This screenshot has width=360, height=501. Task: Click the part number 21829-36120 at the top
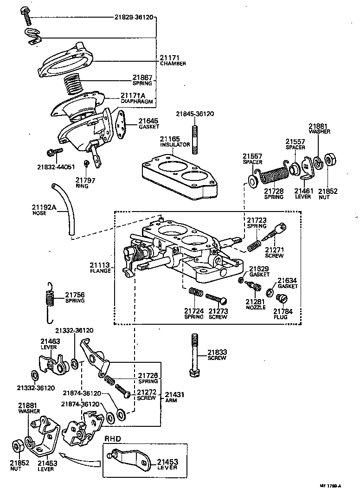coord(134,17)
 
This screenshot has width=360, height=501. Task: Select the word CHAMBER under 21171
coord(173,64)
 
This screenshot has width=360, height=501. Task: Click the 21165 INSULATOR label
coord(175,141)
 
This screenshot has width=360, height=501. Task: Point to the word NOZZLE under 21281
coord(256,307)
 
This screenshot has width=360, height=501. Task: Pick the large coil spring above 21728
coord(273,177)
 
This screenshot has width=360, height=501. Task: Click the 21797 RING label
coord(85,182)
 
